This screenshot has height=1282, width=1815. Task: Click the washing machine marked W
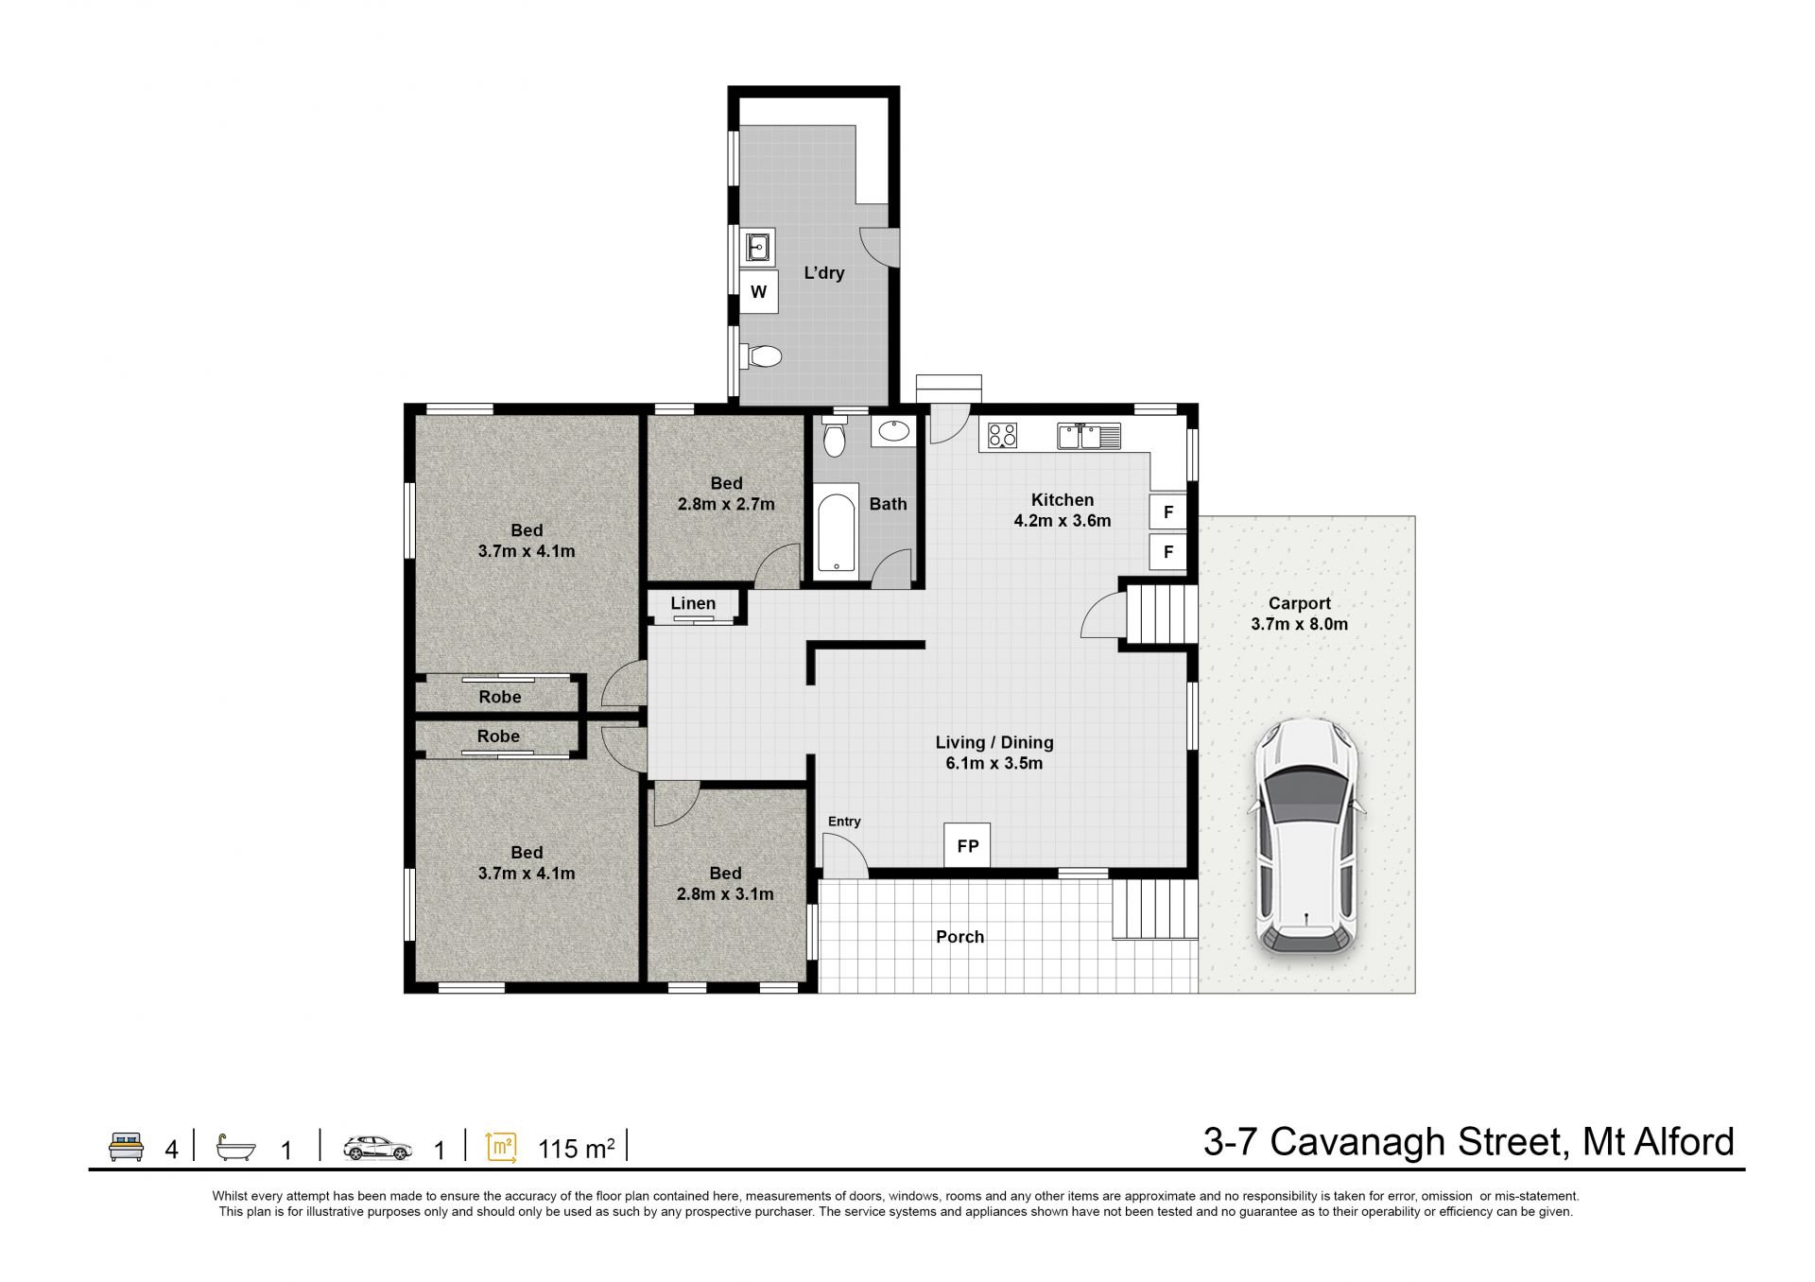coord(758,292)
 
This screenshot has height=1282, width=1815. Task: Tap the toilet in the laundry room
coord(762,356)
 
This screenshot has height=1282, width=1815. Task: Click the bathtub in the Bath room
coord(837,532)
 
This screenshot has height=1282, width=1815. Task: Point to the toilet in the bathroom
coord(833,437)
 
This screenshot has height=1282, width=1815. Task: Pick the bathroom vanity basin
coord(893,432)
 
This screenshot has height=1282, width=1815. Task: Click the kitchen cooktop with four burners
coord(1002,435)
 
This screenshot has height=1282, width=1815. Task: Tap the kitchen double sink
coord(1089,436)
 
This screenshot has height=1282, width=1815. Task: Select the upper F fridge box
coord(1168,512)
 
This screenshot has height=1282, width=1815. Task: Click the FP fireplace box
coord(967,845)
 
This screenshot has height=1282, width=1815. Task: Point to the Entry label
coord(844,822)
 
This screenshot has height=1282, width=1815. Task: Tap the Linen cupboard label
coord(693,603)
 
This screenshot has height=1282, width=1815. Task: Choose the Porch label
coord(960,937)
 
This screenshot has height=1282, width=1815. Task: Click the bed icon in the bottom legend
coord(126,1146)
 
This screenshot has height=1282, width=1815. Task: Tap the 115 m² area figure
coord(577,1148)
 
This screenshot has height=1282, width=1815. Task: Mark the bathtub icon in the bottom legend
coord(235,1147)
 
